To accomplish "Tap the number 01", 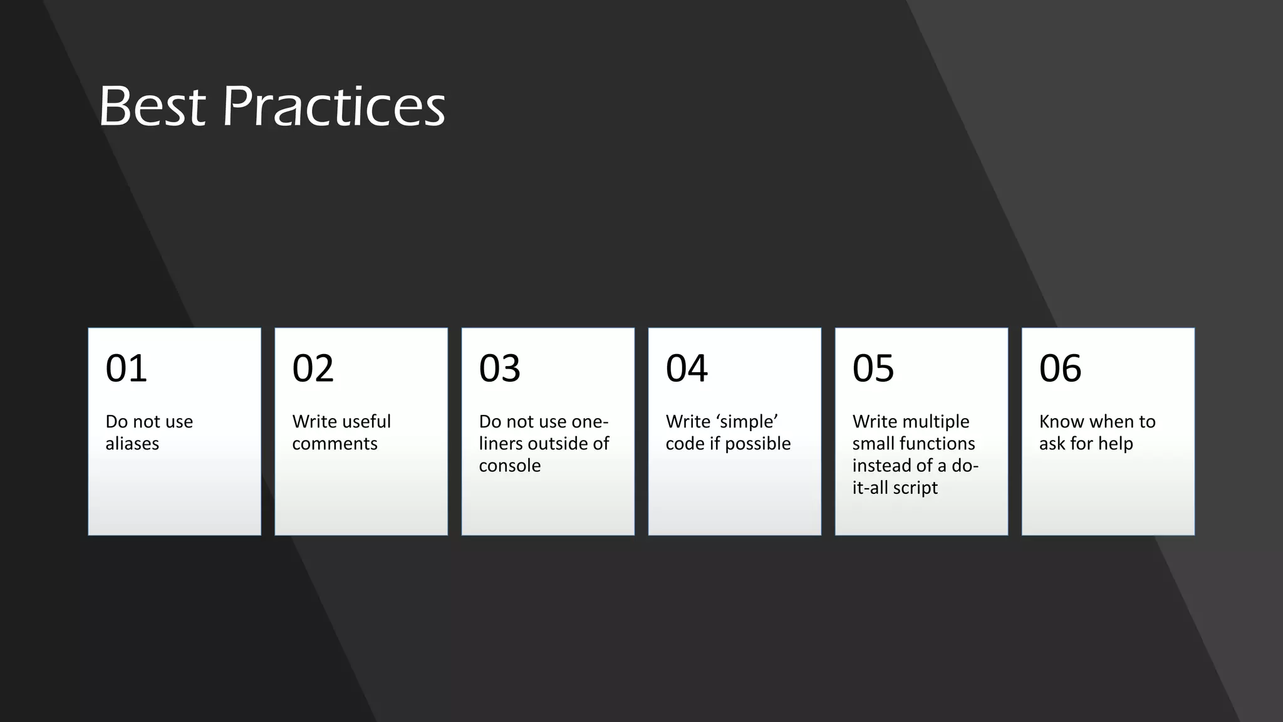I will point(126,368).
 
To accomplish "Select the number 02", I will point(313,368).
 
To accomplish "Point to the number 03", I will point(499,368).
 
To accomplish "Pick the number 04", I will point(686,368).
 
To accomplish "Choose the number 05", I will point(873,368).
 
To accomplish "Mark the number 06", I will point(1060,368).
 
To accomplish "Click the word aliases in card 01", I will point(132,444).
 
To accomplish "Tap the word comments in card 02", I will point(335,444).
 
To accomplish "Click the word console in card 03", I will point(509,466).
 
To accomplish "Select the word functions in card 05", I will point(935,444).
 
